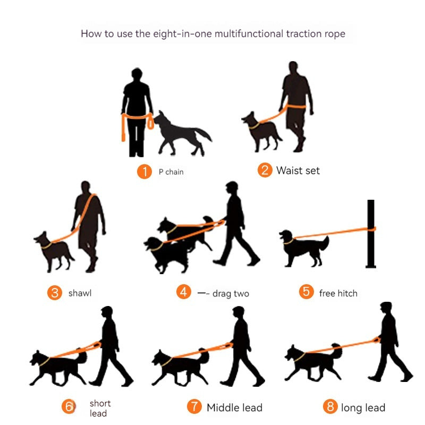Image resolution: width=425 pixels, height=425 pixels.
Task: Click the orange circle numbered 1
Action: pos(144,172)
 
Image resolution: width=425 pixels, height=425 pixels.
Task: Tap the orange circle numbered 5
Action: pos(306,291)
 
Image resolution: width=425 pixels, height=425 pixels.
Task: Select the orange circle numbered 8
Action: pos(330,407)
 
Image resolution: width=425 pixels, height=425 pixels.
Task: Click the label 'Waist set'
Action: pos(297,171)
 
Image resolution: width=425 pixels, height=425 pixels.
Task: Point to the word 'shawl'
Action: pos(80,293)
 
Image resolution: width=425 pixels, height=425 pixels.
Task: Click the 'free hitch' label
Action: pos(338,293)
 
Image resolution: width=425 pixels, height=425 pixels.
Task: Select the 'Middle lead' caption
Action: pos(234,407)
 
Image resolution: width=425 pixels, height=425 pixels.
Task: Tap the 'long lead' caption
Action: pos(363,407)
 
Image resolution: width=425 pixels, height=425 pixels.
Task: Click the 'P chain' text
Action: pos(171,172)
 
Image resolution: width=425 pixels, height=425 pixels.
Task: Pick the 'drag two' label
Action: pos(231,293)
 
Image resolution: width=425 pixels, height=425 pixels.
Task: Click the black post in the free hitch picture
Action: pos(371,234)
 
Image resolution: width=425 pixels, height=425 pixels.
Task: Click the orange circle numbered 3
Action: pos(55,293)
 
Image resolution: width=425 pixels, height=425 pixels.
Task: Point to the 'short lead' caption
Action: pos(99,408)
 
